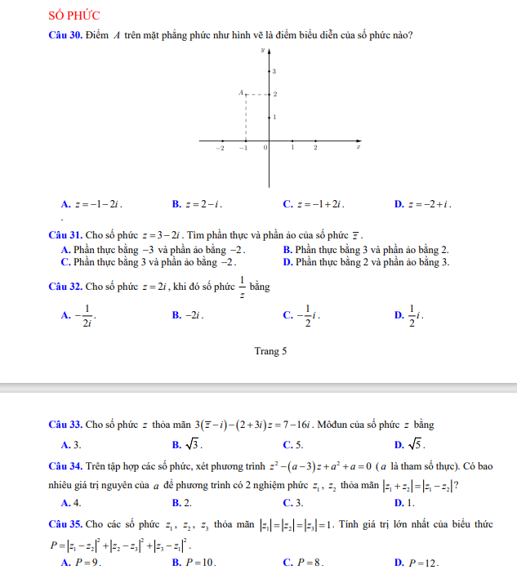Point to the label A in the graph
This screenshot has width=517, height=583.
coord(241,94)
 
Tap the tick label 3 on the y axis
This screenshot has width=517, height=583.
coord(274,72)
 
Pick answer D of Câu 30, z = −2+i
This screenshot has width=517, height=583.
coord(427,204)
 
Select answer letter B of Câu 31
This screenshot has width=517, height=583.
coord(286,250)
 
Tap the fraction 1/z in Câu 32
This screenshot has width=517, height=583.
coord(243,287)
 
